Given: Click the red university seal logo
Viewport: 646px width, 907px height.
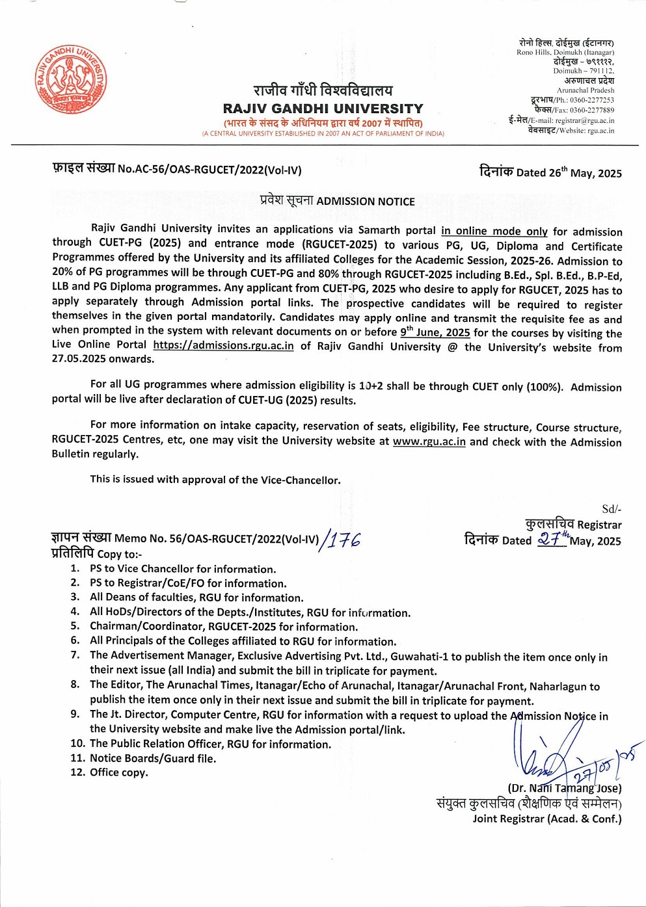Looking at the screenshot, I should tap(71, 81).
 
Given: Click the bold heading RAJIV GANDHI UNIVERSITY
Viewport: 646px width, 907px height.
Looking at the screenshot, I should tap(323, 109).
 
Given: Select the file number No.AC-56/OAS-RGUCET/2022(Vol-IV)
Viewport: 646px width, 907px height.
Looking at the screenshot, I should tap(209, 170).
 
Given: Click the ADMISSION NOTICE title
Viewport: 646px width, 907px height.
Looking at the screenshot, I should tap(365, 202).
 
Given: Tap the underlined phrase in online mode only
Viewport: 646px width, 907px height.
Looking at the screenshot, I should tap(494, 231).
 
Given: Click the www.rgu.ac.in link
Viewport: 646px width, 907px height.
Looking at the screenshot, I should tap(429, 441).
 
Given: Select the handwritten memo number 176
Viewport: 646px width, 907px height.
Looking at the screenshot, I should tap(343, 539).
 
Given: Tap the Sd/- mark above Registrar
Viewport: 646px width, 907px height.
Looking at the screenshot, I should tap(611, 509).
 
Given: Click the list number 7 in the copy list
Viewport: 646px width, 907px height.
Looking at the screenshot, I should tap(75, 655).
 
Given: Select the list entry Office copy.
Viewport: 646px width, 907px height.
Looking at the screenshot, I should tap(118, 772).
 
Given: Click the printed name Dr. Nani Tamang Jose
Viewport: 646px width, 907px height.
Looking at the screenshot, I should tap(565, 788).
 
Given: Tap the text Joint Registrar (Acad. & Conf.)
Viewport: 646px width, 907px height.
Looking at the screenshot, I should tap(546, 819).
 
